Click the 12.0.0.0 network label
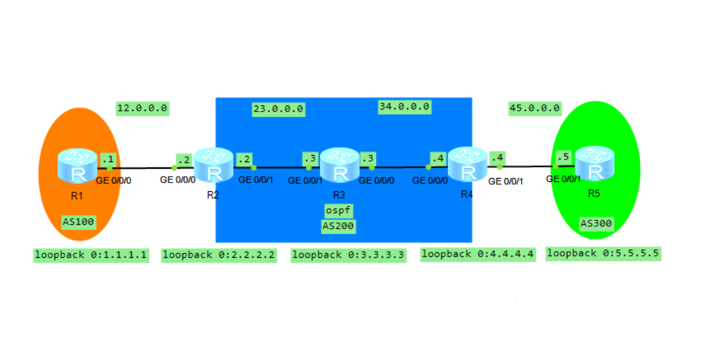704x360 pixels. click(x=143, y=107)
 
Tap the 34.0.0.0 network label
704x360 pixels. click(x=404, y=106)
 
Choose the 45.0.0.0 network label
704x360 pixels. click(x=534, y=107)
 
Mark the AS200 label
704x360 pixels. click(x=338, y=226)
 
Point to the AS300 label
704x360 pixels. click(x=596, y=224)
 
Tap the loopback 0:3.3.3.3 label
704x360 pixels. click(x=348, y=255)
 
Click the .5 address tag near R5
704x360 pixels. click(x=563, y=157)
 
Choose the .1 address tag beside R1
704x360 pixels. click(x=107, y=159)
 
